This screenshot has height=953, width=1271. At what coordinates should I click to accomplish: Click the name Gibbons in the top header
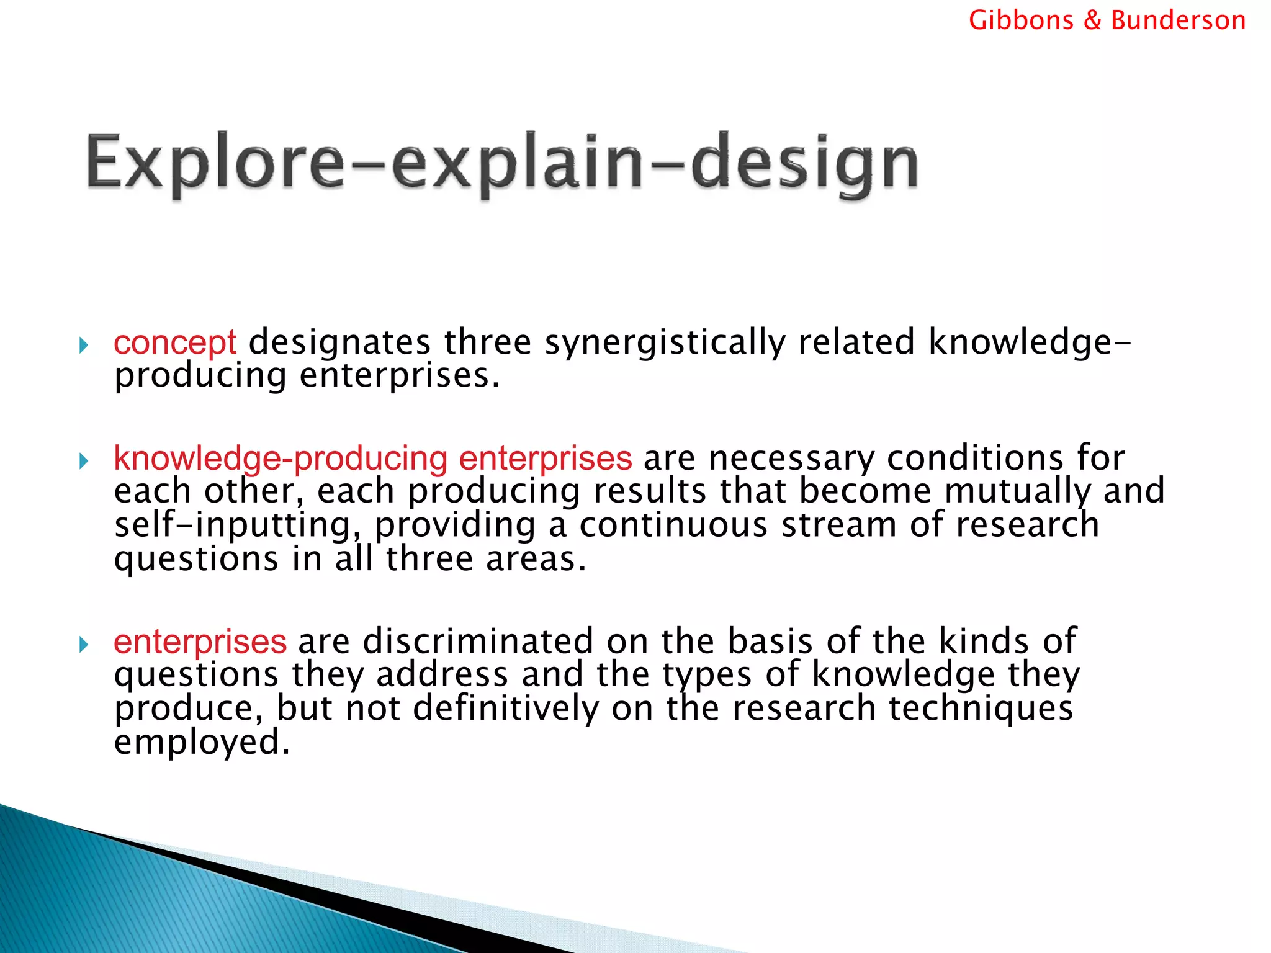(1020, 20)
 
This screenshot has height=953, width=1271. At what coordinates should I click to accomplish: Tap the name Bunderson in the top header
(1178, 20)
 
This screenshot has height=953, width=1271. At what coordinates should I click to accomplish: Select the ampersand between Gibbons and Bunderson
(1092, 20)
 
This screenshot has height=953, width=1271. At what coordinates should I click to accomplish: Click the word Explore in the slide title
(214, 163)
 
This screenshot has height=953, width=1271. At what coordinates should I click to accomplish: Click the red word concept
(175, 342)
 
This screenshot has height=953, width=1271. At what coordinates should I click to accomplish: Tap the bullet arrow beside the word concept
(84, 345)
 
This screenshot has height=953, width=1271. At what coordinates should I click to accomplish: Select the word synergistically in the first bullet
(665, 342)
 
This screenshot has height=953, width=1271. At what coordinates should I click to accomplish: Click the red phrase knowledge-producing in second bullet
(281, 459)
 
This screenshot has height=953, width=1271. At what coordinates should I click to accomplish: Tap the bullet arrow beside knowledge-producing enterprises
(84, 461)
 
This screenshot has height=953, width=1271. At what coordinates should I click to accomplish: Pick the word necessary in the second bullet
(791, 460)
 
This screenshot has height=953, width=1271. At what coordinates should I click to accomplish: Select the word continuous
(673, 525)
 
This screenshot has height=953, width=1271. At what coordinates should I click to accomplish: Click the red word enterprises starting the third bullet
(200, 642)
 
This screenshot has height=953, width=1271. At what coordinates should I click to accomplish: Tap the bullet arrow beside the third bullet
(84, 645)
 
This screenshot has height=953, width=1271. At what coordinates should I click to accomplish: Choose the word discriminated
(478, 641)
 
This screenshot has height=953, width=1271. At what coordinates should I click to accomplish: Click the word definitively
(506, 708)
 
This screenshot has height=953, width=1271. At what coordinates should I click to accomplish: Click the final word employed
(202, 743)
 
